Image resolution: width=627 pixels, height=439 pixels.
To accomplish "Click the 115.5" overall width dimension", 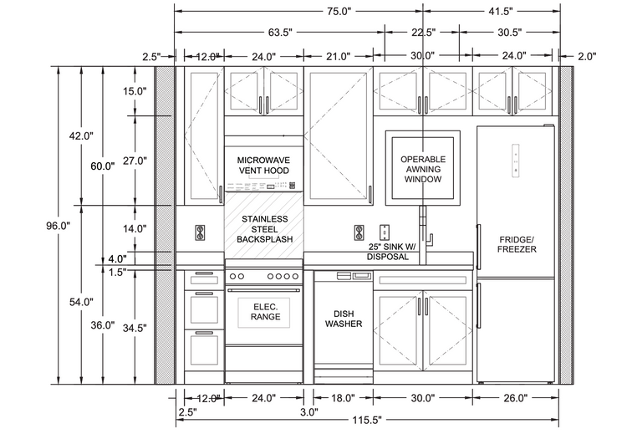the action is coord(367,421).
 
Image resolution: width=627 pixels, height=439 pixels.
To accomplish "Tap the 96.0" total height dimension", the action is coord(58,226).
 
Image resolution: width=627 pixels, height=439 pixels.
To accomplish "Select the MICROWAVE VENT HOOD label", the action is coord(263,166).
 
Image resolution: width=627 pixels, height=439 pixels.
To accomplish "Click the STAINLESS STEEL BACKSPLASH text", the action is coord(265,229).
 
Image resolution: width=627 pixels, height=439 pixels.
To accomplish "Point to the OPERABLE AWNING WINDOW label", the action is coord(423,169).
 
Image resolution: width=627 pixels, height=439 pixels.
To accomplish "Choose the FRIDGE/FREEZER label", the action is coord(517,244).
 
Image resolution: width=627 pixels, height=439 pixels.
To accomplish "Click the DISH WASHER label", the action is coord(344,319).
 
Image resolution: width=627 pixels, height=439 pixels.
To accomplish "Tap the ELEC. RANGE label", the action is coord(266,312).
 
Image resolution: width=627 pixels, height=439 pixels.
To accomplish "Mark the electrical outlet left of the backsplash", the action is coord(200,232).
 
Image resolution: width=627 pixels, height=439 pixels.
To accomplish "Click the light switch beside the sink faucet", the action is coord(385,232).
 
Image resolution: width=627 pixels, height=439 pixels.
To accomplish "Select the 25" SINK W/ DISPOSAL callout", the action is coord(392,252).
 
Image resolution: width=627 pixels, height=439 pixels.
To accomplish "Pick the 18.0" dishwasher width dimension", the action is coord(343,398).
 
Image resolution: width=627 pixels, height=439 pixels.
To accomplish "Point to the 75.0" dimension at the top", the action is coord(339,11).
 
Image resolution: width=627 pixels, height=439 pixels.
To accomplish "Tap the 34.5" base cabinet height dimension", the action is coord(135,329).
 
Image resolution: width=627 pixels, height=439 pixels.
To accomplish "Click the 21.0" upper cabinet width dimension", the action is coord(339,56).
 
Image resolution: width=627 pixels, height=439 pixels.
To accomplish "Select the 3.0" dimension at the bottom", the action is coord(309,412).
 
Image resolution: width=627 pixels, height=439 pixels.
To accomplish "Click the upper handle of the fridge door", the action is coord(478,247).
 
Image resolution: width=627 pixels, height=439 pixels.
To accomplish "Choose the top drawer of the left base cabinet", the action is coord(204,280).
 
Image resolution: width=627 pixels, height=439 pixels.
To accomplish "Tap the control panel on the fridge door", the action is coord(516,160).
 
